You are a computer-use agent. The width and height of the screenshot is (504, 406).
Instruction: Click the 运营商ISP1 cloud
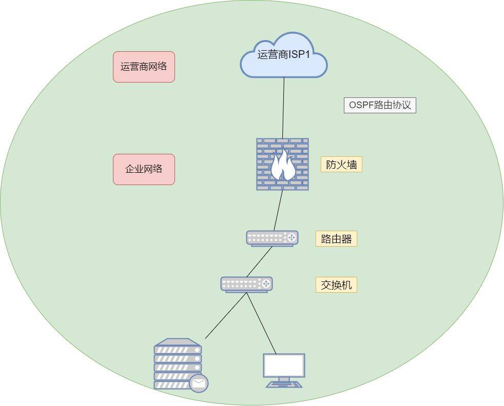point(284,55)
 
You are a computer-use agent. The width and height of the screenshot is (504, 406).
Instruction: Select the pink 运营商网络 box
point(144,67)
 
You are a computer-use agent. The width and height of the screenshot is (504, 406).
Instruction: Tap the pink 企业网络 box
point(144,169)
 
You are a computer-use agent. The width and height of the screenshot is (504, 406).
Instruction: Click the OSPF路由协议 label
point(380,106)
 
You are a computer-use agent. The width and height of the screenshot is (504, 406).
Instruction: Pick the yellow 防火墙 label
point(341,165)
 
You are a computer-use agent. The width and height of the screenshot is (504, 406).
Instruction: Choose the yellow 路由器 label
point(336,239)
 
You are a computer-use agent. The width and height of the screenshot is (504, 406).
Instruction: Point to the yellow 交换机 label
point(336,285)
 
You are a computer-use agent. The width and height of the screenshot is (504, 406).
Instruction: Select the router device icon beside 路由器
point(272,238)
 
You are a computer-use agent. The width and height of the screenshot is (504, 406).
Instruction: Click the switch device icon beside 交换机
point(246,284)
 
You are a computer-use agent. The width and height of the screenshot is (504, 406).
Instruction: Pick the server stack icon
point(177,361)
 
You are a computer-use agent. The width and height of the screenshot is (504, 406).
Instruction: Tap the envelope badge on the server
point(199,383)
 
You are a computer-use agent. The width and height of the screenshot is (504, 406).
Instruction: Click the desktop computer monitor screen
point(284,365)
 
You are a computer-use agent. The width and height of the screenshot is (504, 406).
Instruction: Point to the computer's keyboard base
point(284,384)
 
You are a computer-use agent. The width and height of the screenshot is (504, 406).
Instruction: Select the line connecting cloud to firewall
point(283,108)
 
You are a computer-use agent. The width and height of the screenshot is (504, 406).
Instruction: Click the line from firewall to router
point(278,210)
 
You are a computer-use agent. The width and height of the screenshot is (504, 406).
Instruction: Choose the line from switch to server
point(226,315)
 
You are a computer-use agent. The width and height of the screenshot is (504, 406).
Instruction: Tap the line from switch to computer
point(262,323)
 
